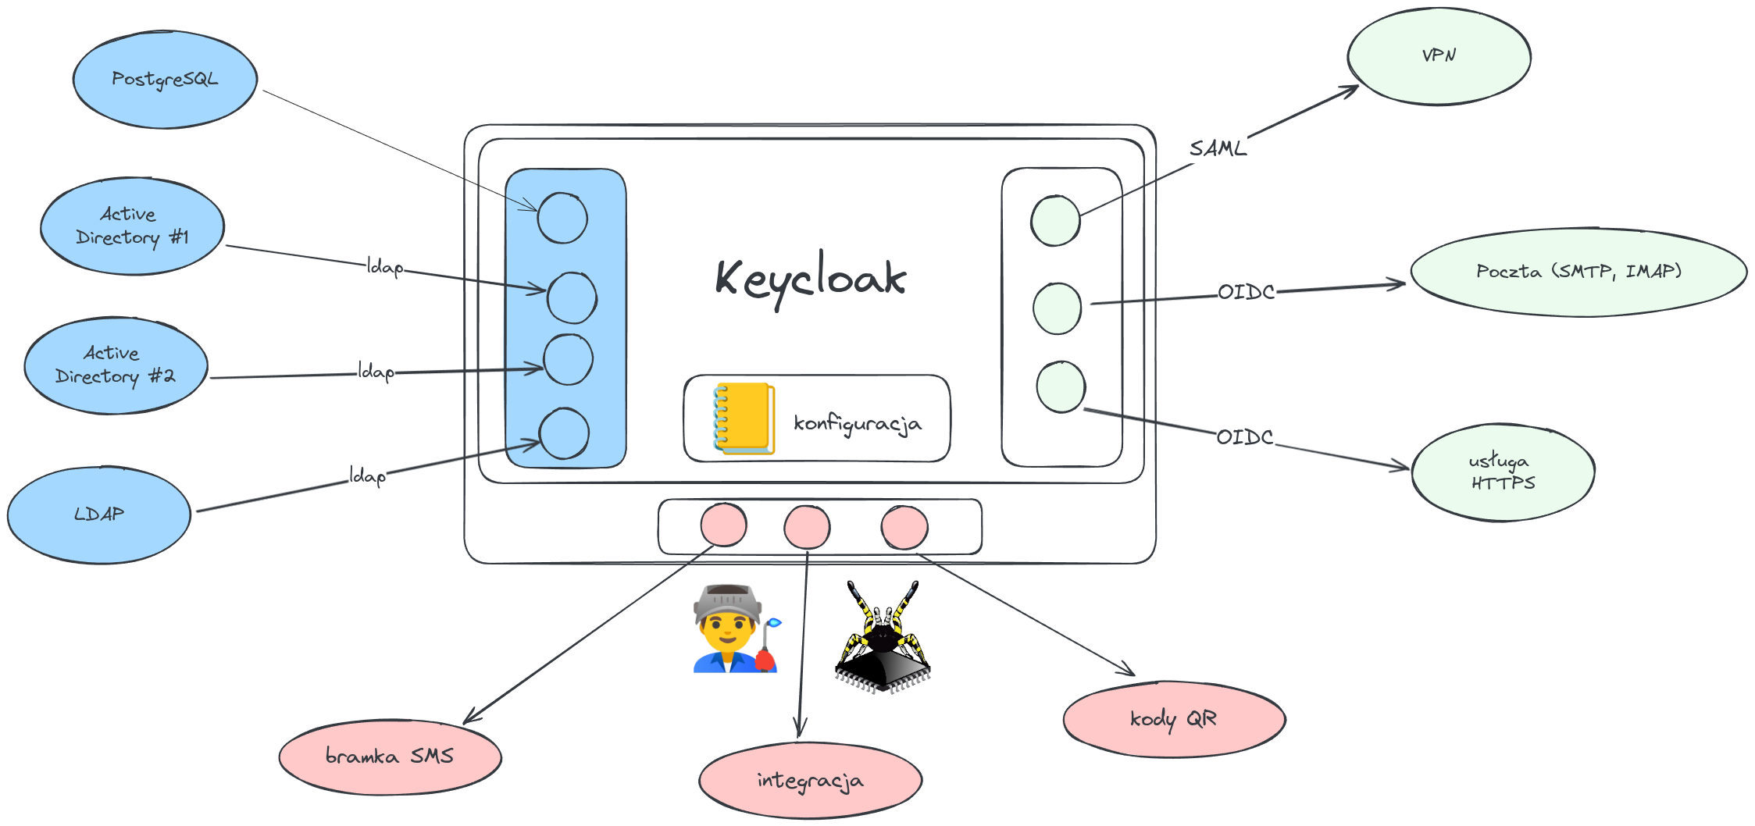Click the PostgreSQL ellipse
click(x=165, y=80)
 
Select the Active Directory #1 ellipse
click(x=132, y=226)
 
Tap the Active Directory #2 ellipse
click(x=116, y=365)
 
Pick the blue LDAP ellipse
click(x=99, y=514)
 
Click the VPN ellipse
click(x=1439, y=56)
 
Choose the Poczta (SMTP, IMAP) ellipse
click(x=1578, y=272)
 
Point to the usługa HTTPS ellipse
click(x=1503, y=472)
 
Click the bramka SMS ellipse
click(x=390, y=757)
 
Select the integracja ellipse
click(x=810, y=780)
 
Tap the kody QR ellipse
click(x=1173, y=719)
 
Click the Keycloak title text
click(x=810, y=279)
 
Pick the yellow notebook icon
click(x=744, y=418)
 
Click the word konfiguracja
click(x=858, y=423)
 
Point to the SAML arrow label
click(x=1217, y=148)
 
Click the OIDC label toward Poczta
click(x=1246, y=292)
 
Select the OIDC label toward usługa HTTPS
click(x=1244, y=437)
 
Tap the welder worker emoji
click(x=735, y=629)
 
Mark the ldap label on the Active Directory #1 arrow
click(x=384, y=267)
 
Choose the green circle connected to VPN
click(x=1055, y=221)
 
